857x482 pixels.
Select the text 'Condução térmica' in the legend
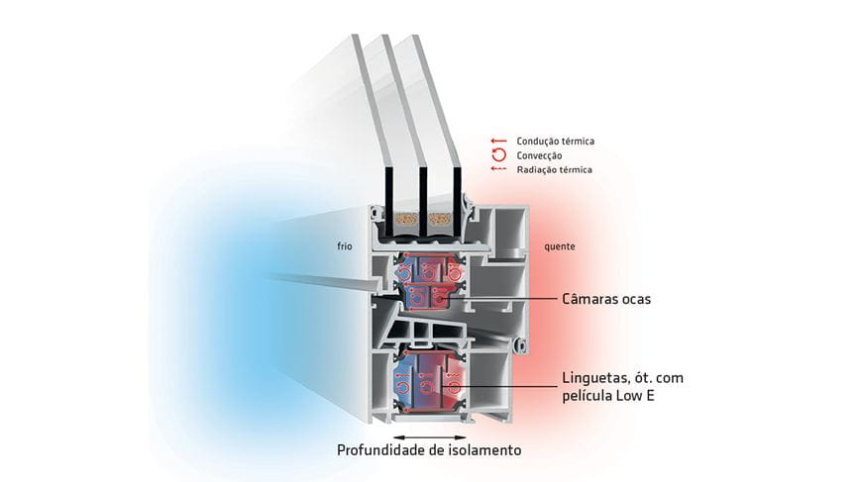(556, 142)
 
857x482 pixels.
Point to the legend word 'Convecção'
(539, 155)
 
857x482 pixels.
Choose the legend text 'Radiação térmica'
(555, 169)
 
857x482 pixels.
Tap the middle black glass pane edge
(422, 202)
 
